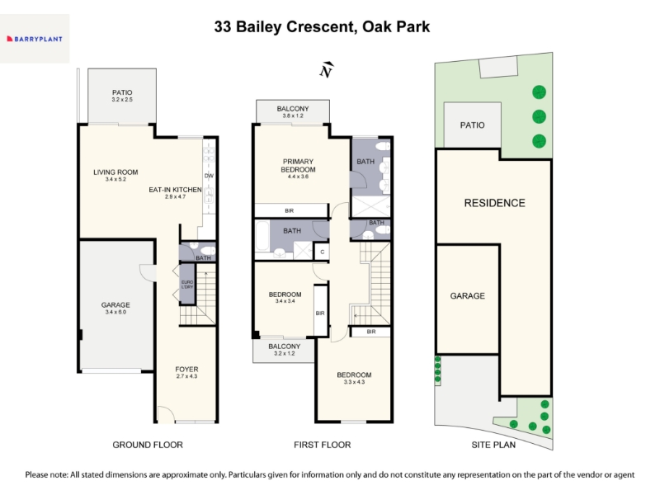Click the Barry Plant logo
[x=35, y=39]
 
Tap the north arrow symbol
[x=326, y=70]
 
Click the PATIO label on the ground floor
[x=122, y=92]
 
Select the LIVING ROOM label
[x=115, y=172]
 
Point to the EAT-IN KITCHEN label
[x=175, y=190]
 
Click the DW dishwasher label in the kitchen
[x=209, y=176]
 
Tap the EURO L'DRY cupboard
[x=187, y=284]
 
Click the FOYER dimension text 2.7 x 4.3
[x=186, y=376]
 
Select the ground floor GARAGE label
[x=115, y=304]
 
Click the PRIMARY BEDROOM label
[x=298, y=166]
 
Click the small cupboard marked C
[x=322, y=252]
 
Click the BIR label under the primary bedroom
[x=290, y=210]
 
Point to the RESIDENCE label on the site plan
[x=494, y=203]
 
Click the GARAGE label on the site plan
[x=467, y=296]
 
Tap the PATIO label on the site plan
[x=472, y=125]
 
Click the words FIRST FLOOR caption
[x=323, y=445]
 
